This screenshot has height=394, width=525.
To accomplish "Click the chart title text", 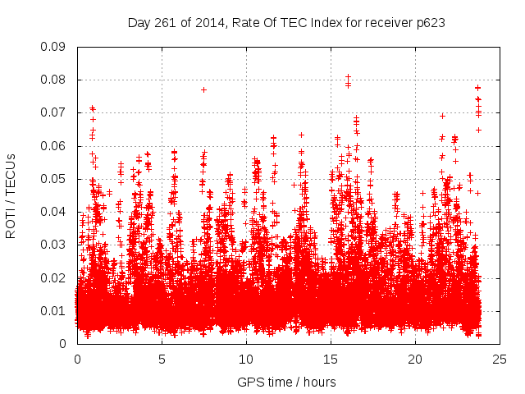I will pyautogui.click(x=286, y=23).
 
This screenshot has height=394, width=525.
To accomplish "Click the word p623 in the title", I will pyautogui.click(x=430, y=23).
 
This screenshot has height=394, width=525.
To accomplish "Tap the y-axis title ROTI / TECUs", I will pyautogui.click(x=11, y=195).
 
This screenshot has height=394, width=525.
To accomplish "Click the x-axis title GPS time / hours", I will pyautogui.click(x=286, y=382).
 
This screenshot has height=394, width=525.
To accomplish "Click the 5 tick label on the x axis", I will pyautogui.click(x=162, y=359).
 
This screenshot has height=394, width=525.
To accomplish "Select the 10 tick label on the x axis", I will pyautogui.click(x=246, y=359).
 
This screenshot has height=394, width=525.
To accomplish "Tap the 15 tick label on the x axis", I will pyautogui.click(x=331, y=359).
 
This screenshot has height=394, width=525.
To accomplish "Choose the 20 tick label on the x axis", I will pyautogui.click(x=415, y=359).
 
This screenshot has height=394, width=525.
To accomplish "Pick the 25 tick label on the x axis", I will pyautogui.click(x=500, y=359).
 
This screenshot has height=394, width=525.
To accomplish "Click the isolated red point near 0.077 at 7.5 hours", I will pyautogui.click(x=203, y=89).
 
